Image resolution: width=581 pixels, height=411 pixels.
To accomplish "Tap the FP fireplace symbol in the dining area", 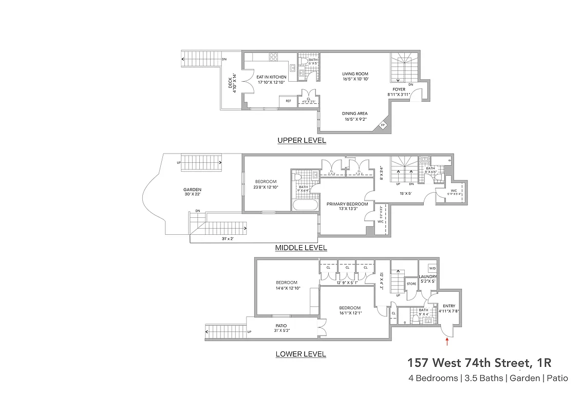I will tap(382, 125).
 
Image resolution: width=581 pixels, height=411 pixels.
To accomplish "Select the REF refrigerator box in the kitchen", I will tap(288, 101).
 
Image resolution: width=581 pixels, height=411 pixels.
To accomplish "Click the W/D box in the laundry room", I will tap(432, 268).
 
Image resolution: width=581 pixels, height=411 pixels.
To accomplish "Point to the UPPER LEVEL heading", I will tap(302, 140).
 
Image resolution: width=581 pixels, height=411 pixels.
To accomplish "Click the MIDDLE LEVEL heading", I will tap(301, 248).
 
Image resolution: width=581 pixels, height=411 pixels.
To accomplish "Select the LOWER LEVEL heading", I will tap(301, 354).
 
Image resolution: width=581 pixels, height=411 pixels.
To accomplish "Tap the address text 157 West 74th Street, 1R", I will tap(479, 363).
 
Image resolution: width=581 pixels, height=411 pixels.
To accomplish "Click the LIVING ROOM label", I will tap(355, 74).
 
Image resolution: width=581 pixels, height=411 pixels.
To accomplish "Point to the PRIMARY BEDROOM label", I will tap(347, 204).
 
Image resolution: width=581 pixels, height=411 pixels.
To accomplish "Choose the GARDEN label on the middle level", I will tap(192, 190).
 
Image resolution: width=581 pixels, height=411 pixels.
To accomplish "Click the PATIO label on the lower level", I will tap(281, 325).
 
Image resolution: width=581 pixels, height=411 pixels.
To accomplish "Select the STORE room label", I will tap(411, 283).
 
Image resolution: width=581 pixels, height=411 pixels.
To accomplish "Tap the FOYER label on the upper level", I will tap(399, 89).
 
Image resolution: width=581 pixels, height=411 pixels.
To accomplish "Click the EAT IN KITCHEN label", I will tap(271, 77).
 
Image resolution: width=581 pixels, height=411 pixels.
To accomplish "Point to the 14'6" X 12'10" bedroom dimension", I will tap(286, 288).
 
